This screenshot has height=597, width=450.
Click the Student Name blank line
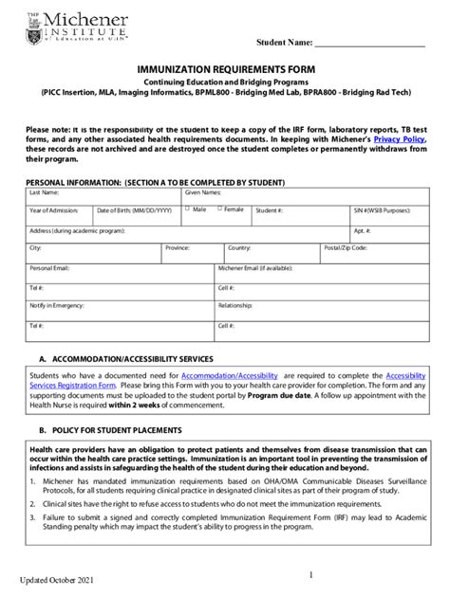pyautogui.click(x=369, y=45)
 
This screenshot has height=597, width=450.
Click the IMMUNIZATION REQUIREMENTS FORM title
pyautogui.click(x=225, y=70)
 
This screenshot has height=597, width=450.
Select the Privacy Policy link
pyautogui.click(x=401, y=139)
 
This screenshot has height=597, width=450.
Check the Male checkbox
pyautogui.click(x=188, y=208)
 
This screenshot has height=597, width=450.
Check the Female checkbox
pyautogui.click(x=218, y=208)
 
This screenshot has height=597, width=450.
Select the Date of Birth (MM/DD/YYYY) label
pyautogui.click(x=134, y=209)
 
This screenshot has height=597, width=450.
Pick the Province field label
pyautogui.click(x=178, y=248)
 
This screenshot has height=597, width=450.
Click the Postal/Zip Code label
pyautogui.click(x=347, y=248)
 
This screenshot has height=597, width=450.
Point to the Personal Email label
pyautogui.click(x=49, y=268)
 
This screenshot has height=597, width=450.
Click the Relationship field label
pyautogui.click(x=235, y=306)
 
